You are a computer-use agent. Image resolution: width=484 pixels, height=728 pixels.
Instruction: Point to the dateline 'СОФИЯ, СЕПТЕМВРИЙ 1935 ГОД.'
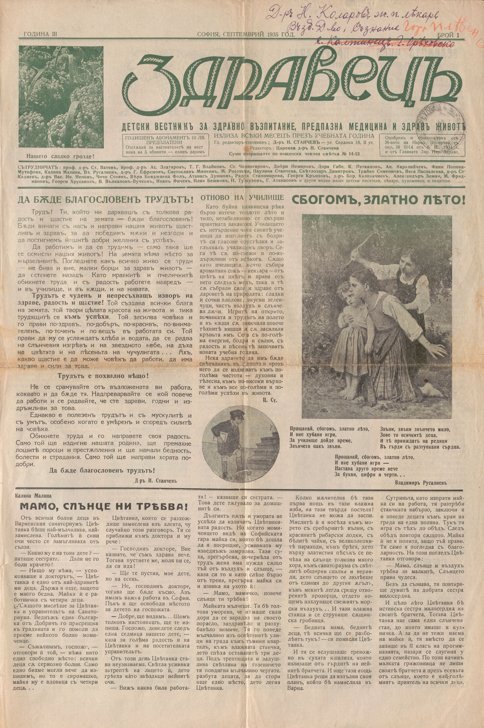click(246, 35)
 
